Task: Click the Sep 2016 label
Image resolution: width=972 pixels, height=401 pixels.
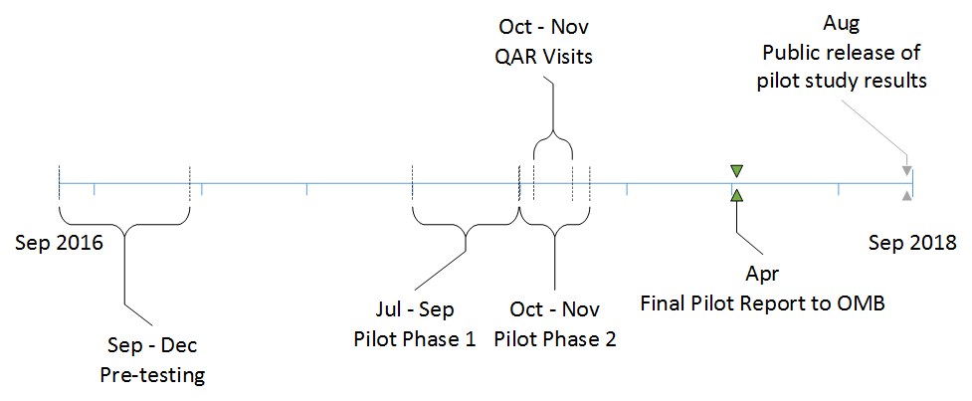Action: pos(60,242)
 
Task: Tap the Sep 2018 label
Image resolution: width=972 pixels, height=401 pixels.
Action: pos(912,242)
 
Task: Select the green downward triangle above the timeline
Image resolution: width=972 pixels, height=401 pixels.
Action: pos(735,170)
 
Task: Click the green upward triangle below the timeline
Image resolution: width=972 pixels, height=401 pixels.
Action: pos(735,196)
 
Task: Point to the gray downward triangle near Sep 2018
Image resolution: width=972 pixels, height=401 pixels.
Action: pos(906,172)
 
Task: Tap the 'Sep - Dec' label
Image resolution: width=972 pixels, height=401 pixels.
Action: pos(151,346)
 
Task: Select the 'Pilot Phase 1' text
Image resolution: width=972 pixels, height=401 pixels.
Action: pos(414,338)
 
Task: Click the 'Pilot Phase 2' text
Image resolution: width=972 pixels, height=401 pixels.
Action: pos(556,338)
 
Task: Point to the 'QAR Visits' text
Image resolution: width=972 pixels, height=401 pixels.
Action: pos(543,56)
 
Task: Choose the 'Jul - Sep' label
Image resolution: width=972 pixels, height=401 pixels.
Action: pos(414,309)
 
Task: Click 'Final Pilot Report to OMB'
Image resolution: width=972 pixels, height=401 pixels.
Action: pos(762,302)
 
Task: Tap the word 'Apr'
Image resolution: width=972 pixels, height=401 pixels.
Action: pos(762,275)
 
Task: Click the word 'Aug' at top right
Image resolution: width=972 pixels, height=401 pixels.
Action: pos(841,22)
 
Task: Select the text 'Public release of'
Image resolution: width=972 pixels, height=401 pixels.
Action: pos(841,51)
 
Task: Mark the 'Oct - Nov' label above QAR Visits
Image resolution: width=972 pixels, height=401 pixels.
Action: pos(543,27)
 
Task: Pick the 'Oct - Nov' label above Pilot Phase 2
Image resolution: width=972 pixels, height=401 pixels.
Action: pos(556,309)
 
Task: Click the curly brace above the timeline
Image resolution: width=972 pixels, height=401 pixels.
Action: pos(553,144)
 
